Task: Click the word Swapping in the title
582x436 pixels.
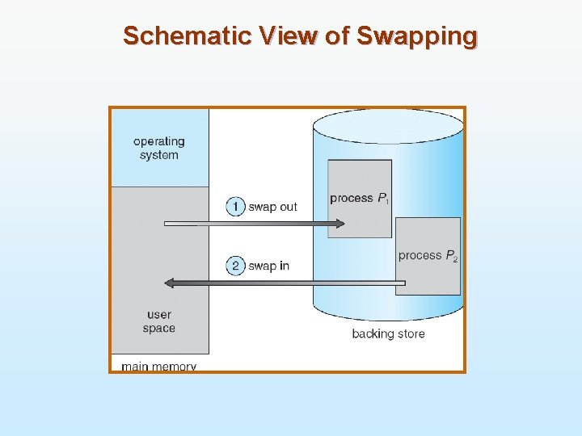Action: tap(417, 36)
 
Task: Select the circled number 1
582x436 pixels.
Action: tap(235, 207)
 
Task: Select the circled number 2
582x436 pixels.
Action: tap(235, 266)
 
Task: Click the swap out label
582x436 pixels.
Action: tap(272, 207)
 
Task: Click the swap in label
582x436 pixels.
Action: tap(268, 266)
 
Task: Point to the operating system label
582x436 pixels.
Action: tap(159, 148)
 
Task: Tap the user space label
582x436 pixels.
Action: tap(159, 321)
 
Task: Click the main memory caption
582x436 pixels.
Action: tap(158, 366)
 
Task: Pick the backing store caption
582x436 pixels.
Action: tap(388, 333)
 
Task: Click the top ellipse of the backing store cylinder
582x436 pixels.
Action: tap(388, 126)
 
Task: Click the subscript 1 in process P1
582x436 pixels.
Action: tap(387, 202)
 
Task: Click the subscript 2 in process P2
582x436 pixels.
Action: tap(455, 259)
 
